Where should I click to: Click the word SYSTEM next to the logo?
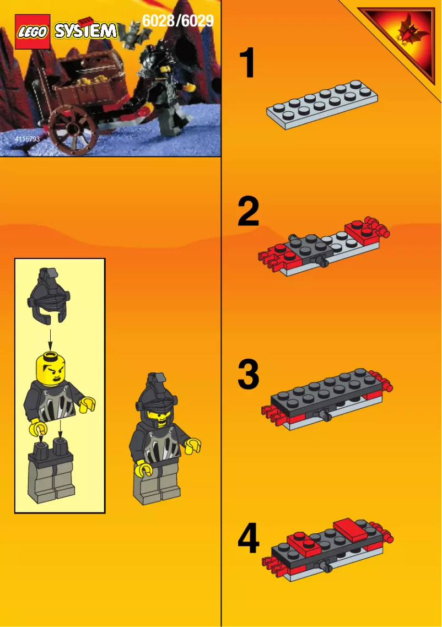(85, 31)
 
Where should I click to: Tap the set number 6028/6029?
(177, 21)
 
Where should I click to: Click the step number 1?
(249, 64)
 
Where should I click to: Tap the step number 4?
(249, 540)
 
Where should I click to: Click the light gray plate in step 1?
(322, 104)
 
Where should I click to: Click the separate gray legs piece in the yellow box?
(51, 471)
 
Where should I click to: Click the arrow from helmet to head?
(50, 337)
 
